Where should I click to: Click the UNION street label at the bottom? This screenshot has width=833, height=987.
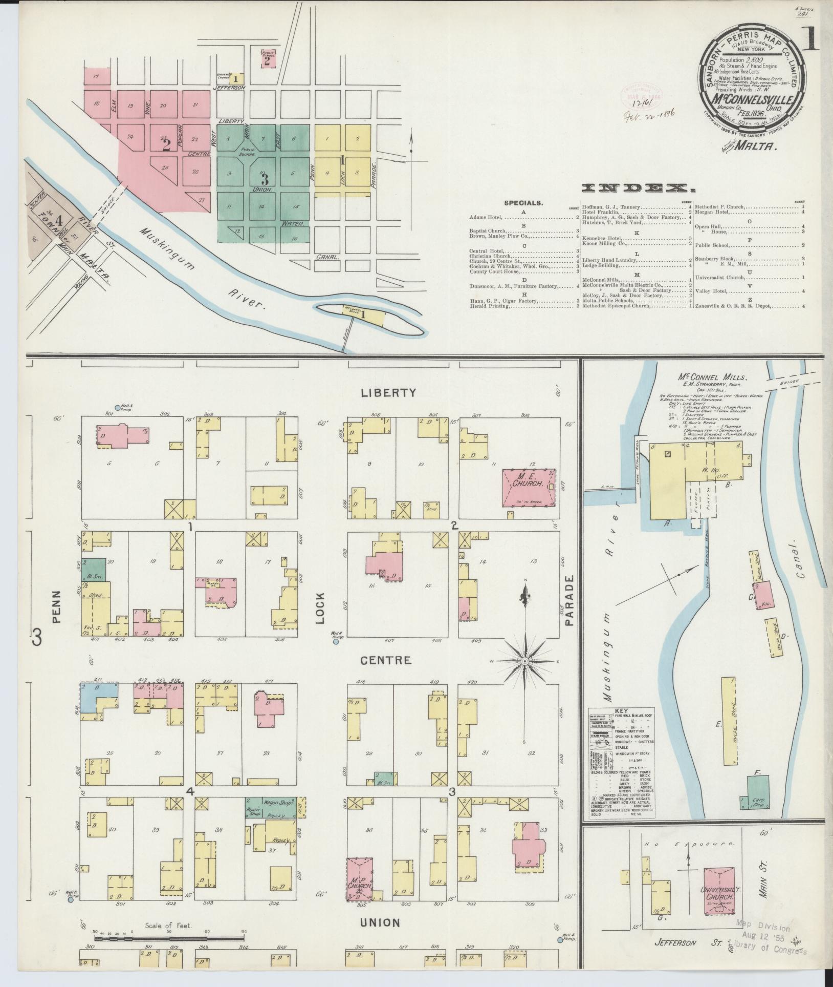(380, 937)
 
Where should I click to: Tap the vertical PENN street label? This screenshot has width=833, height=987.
(56, 607)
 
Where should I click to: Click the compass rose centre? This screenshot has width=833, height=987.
(524, 661)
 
